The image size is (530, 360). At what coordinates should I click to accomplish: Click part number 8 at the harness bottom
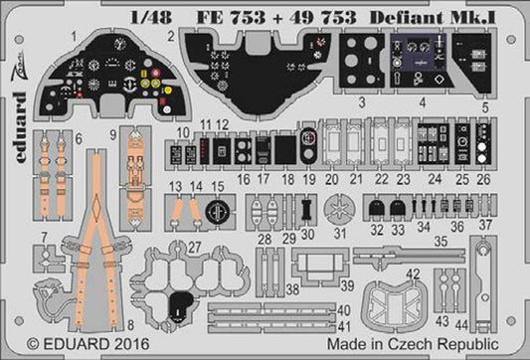130,325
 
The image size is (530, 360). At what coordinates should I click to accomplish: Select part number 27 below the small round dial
195,245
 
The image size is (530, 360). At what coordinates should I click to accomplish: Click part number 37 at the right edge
487,225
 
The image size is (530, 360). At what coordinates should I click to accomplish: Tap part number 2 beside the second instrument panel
171,36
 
